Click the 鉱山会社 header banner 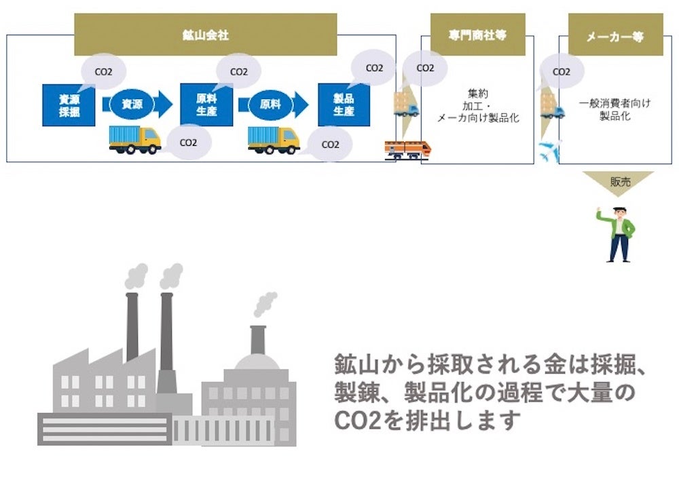pos(205,35)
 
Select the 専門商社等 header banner pos(477,35)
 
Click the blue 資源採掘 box pos(69,105)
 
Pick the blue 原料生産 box pos(206,105)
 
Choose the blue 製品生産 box pos(344,105)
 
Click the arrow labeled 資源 pos(136,104)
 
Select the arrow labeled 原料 pos(274,104)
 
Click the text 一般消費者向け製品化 pos(614,109)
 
